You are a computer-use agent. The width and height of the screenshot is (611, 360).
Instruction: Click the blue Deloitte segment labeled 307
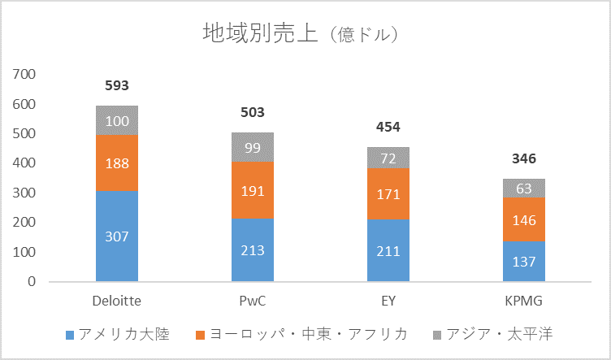pyautogui.click(x=117, y=236)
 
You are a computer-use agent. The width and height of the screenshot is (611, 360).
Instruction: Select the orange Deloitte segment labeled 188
pyautogui.click(x=117, y=163)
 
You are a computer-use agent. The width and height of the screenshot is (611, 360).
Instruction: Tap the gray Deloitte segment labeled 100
pyautogui.click(x=117, y=120)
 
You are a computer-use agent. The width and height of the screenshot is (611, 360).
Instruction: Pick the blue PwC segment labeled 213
pyautogui.click(x=253, y=250)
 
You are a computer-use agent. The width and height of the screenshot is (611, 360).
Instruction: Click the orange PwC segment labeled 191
pyautogui.click(x=253, y=191)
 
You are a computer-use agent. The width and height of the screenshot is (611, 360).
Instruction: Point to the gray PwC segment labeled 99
pyautogui.click(x=253, y=147)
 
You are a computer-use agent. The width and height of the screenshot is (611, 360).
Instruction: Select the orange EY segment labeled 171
pyautogui.click(x=388, y=194)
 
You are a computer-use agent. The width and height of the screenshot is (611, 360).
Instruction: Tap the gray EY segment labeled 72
pyautogui.click(x=388, y=158)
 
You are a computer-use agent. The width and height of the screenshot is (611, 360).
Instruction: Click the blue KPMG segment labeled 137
pyautogui.click(x=524, y=262)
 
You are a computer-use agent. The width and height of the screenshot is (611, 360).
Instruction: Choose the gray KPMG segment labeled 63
pyautogui.click(x=524, y=189)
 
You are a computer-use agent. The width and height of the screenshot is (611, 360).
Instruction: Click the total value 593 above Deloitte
pyautogui.click(x=117, y=85)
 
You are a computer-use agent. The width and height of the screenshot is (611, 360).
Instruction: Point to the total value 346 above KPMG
pyautogui.click(x=524, y=158)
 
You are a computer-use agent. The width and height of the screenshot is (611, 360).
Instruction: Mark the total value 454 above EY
pyautogui.click(x=388, y=127)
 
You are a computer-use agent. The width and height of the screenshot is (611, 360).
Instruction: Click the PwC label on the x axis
pyautogui.click(x=253, y=300)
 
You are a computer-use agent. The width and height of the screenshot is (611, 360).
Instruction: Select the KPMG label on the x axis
pyautogui.click(x=524, y=300)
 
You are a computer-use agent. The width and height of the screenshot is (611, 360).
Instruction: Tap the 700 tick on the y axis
pyautogui.click(x=25, y=74)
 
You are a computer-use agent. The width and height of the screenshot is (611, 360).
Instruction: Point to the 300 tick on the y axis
pyautogui.click(x=25, y=193)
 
